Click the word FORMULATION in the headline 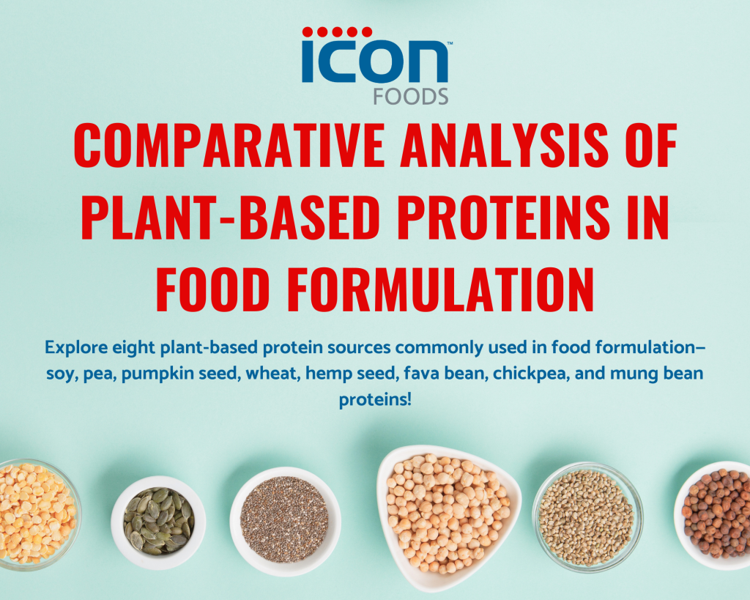442,289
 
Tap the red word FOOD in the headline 215,289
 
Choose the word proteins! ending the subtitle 375,401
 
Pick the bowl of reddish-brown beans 714,514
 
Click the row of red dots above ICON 337,32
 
